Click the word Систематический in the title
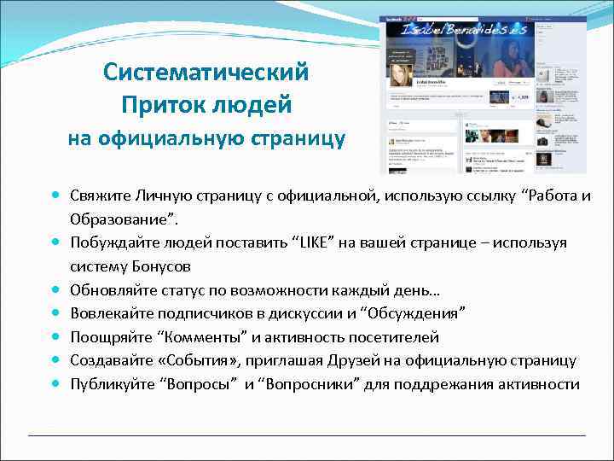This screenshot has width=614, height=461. (206, 72)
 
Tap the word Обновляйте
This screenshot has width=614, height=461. (113, 290)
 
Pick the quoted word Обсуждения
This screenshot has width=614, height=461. (412, 314)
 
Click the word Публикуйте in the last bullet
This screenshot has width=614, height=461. (113, 384)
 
